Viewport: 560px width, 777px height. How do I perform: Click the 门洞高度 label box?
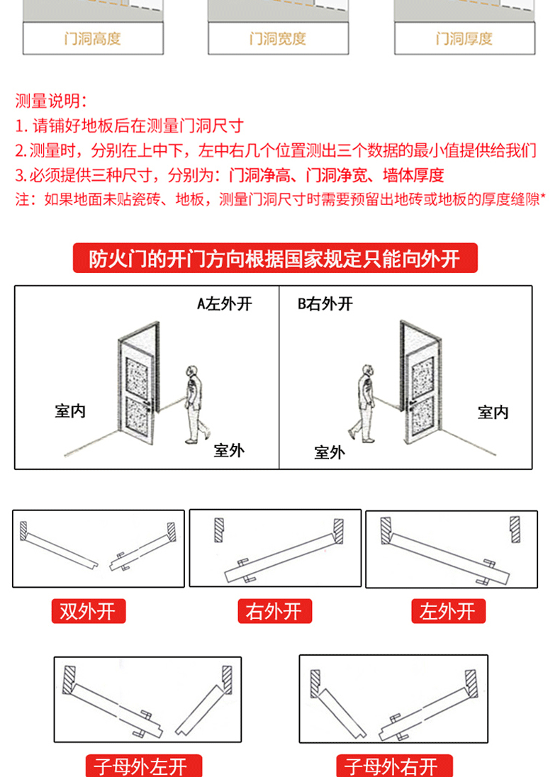(93, 38)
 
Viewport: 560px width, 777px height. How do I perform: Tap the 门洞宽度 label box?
(278, 38)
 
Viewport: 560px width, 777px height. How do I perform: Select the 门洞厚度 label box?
(464, 38)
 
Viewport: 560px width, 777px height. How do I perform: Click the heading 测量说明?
(52, 101)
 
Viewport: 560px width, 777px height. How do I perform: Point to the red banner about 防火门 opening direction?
(276, 259)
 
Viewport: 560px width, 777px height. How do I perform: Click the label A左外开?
(225, 304)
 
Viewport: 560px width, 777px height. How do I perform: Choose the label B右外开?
(325, 304)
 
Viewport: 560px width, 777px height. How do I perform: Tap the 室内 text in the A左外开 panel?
(70, 411)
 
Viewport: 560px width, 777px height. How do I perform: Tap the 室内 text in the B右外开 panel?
(493, 412)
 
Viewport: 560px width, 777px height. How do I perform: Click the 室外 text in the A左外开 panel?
(229, 450)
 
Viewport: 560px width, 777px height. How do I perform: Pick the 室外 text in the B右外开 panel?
(330, 452)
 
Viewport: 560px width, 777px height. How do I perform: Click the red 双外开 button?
(88, 611)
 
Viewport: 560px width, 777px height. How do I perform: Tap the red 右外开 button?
(274, 611)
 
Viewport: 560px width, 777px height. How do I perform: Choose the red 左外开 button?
(448, 611)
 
